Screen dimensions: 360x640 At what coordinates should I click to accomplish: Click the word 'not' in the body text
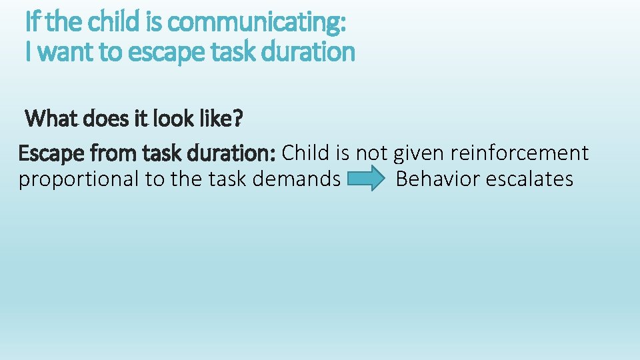click(371, 153)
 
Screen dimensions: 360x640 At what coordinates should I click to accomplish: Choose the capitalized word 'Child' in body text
click(306, 153)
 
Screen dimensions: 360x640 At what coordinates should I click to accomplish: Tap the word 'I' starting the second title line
click(28, 52)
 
